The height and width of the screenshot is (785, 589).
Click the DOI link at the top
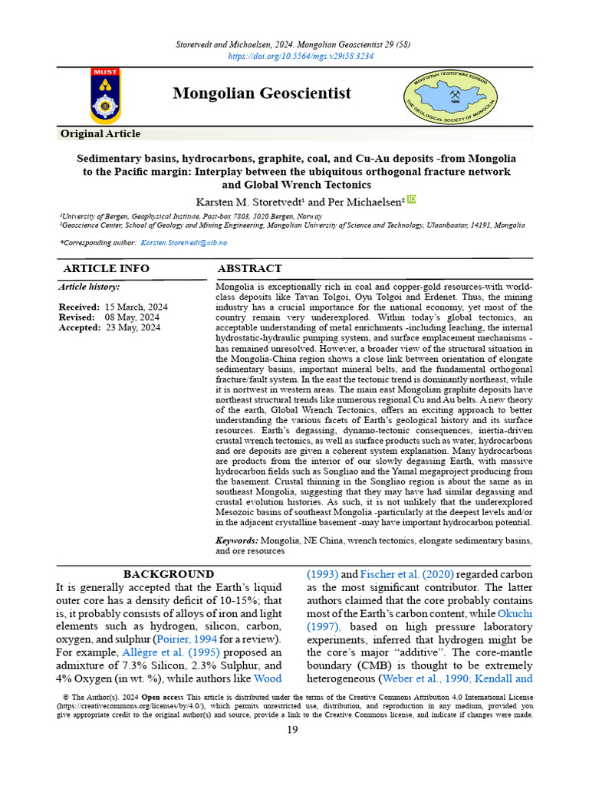pyautogui.click(x=301, y=57)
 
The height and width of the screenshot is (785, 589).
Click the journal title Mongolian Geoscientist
pyautogui.click(x=262, y=94)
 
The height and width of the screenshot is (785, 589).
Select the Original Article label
pyautogui.click(x=100, y=134)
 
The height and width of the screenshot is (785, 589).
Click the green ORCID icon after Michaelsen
pyautogui.click(x=411, y=199)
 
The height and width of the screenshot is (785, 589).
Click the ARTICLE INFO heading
pyautogui.click(x=106, y=269)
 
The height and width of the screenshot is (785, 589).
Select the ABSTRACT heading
pyautogui.click(x=249, y=269)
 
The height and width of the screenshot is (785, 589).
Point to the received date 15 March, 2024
pyautogui.click(x=137, y=307)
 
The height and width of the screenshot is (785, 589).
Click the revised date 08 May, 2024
pyautogui.click(x=132, y=317)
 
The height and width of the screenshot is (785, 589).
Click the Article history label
pyautogui.click(x=89, y=287)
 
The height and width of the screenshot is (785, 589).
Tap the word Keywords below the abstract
pyautogui.click(x=236, y=540)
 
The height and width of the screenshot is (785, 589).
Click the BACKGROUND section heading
pyautogui.click(x=169, y=574)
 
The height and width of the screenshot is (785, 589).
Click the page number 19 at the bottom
pyautogui.click(x=292, y=730)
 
